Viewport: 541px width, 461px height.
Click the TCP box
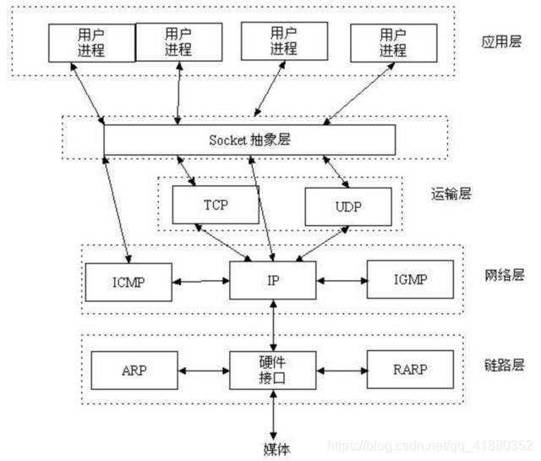(x=215, y=205)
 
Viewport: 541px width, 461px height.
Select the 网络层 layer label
(x=505, y=275)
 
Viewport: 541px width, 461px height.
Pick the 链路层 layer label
(x=505, y=365)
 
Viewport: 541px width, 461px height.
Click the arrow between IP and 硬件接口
(x=273, y=326)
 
